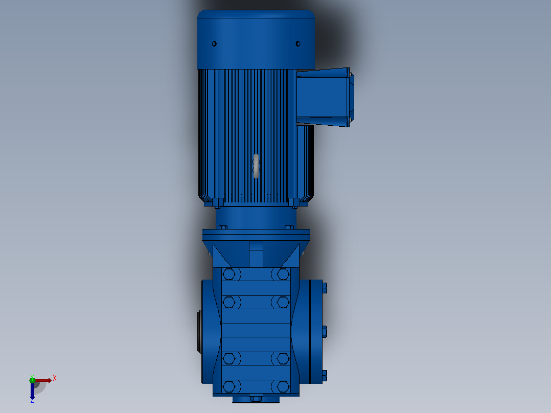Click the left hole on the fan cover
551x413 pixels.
214,43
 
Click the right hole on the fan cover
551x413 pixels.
298,43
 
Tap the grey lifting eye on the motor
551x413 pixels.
256,166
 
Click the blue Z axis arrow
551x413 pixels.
32,390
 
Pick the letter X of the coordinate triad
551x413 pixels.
55,378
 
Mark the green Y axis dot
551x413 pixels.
32,380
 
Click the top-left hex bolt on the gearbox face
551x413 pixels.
229,274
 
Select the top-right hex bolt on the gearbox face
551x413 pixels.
283,274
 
